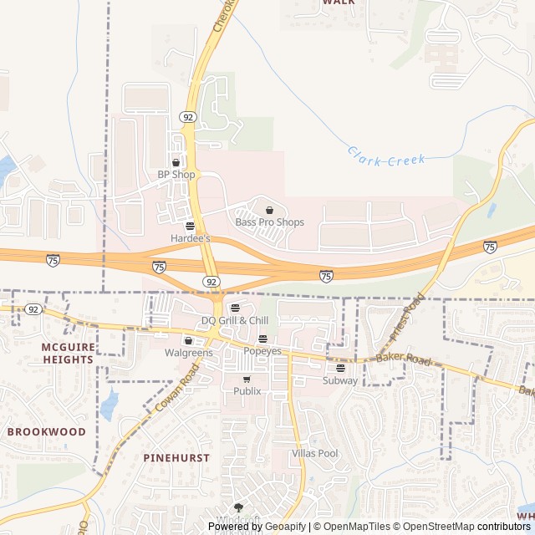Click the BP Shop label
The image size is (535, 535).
tap(176, 175)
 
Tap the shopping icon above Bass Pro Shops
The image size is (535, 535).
tap(269, 210)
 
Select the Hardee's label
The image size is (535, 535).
tap(191, 238)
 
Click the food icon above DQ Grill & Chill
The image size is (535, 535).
tap(234, 308)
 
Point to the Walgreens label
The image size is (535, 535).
tap(187, 353)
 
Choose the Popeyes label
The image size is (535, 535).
tap(262, 351)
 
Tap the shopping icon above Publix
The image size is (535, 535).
tap(247, 379)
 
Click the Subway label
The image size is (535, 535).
tap(340, 380)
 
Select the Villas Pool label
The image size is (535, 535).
tap(314, 453)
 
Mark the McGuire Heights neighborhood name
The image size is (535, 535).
tap(67, 353)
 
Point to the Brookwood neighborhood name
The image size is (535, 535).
tap(47, 432)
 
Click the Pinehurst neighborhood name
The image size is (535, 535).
tap(176, 458)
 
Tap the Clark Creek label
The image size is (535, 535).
tap(386, 155)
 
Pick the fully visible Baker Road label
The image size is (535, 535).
tap(403, 360)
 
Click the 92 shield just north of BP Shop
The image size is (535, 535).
tap(188, 117)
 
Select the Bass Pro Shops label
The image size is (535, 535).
tap(269, 222)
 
